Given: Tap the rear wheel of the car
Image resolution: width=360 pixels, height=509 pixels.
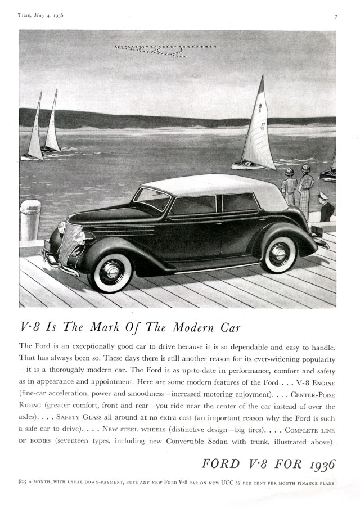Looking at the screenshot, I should [x=280, y=254].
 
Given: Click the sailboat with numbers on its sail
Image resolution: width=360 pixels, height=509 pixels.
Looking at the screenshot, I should [x=259, y=129].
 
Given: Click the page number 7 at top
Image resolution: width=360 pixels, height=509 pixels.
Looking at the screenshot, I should [x=336, y=16].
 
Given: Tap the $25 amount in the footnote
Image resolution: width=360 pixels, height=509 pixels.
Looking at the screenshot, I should [x=25, y=483].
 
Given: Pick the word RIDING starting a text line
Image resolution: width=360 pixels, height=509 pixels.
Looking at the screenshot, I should [x=32, y=407].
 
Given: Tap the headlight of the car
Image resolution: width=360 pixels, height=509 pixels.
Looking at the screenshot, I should [x=62, y=227].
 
